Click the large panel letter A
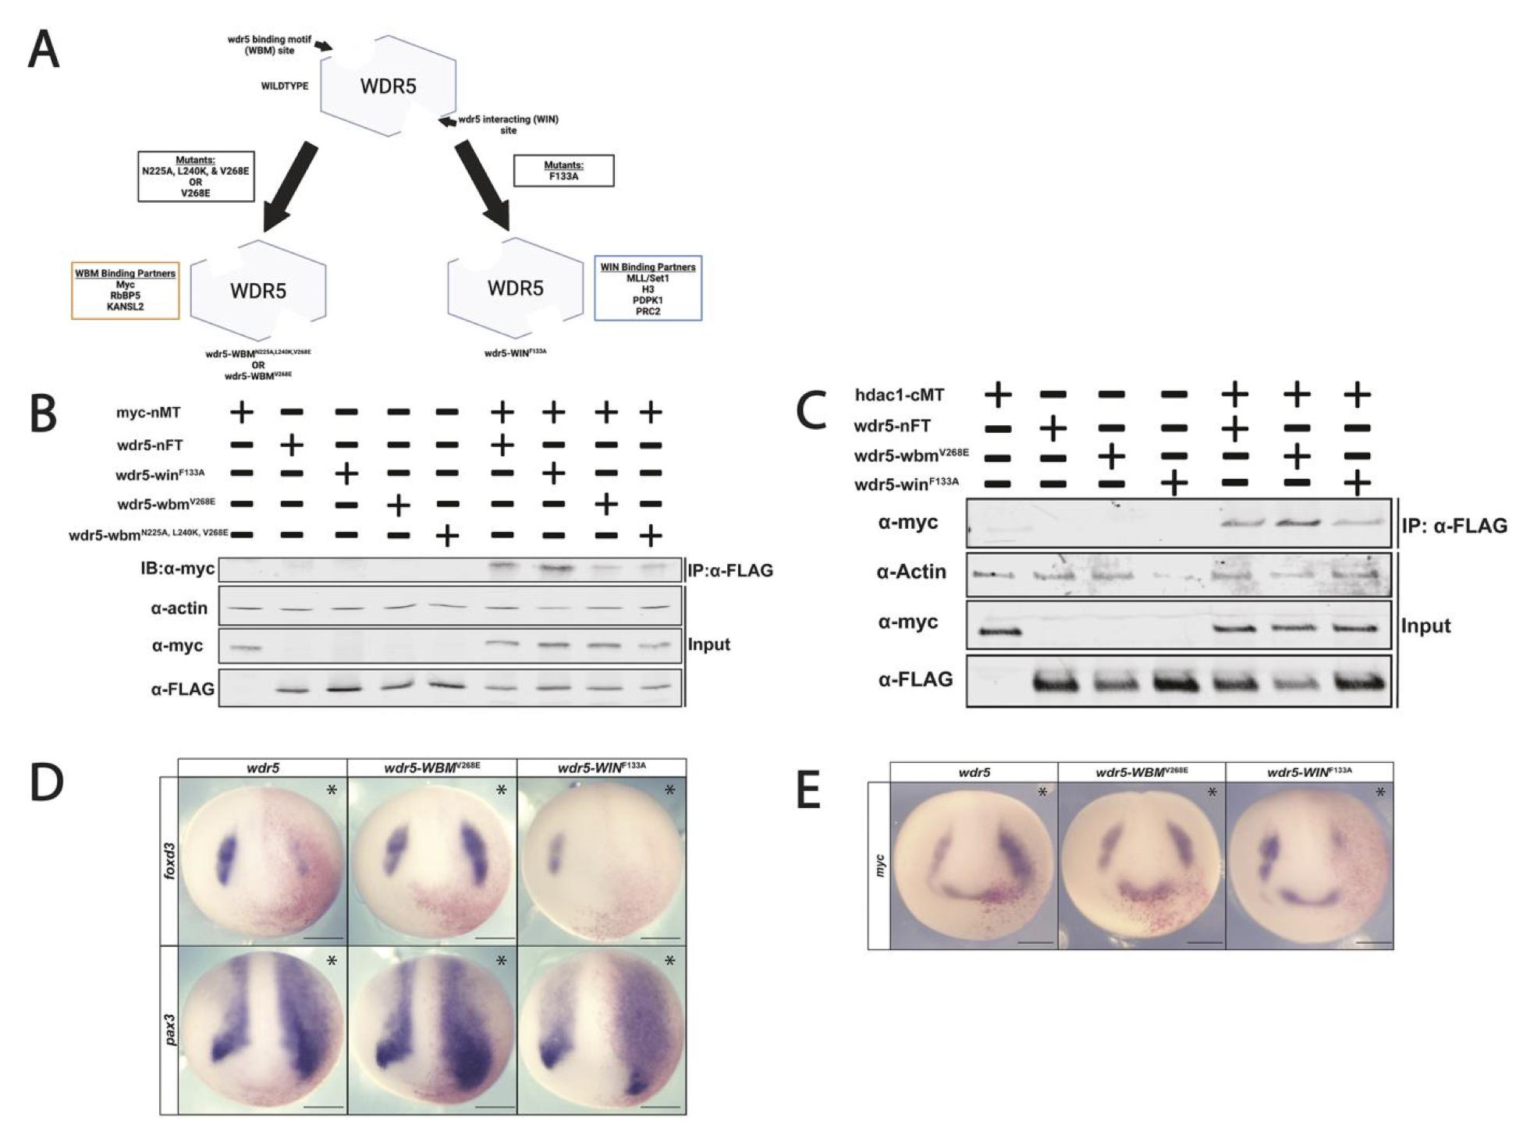tap(44, 52)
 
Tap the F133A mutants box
tap(563, 171)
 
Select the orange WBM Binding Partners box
tap(125, 290)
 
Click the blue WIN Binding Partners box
tap(648, 289)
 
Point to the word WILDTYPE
tap(284, 86)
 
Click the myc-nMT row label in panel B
tap(148, 413)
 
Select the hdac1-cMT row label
tap(900, 395)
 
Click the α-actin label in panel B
tap(179, 608)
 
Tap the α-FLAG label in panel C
tap(915, 679)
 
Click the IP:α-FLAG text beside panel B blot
tap(730, 570)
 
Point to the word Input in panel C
tap(1425, 626)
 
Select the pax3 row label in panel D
tap(169, 1030)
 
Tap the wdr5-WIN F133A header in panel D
tap(602, 768)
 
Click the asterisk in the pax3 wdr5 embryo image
tap(332, 962)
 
